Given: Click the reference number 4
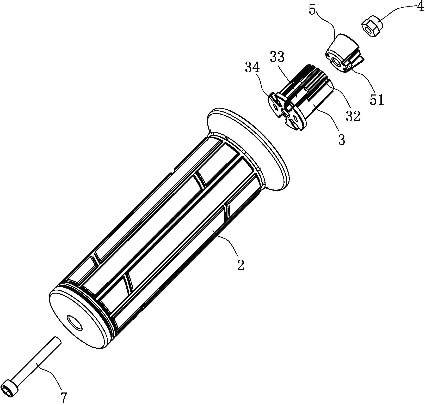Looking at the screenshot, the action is click(x=420, y=7).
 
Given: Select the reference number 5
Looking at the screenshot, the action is click(x=312, y=10).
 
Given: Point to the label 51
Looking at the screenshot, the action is click(x=377, y=100).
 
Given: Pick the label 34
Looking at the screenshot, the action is click(x=252, y=68).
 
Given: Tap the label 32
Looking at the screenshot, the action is click(x=353, y=116).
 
